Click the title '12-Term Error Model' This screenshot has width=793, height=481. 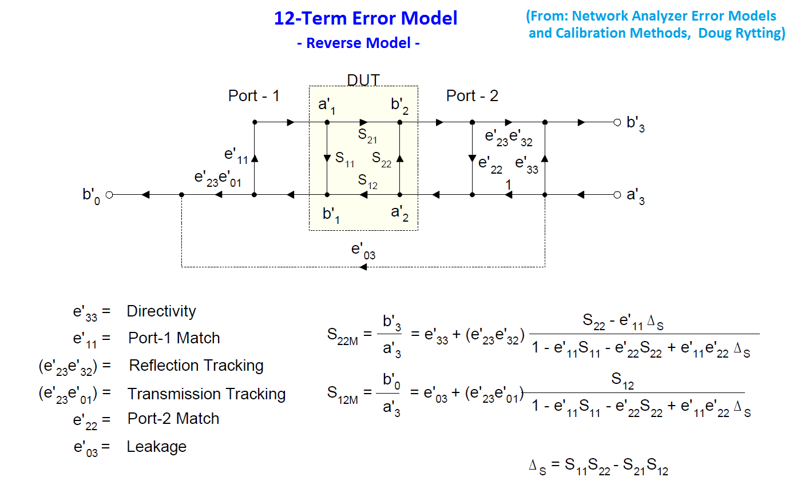366,18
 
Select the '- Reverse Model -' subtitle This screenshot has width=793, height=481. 359,43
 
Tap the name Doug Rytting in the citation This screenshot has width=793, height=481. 742,33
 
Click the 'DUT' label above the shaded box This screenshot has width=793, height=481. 363,80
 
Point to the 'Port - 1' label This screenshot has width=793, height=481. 253,96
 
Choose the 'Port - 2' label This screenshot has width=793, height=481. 472,96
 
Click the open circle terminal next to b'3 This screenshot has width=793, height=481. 617,122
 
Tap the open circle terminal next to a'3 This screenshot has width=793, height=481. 617,195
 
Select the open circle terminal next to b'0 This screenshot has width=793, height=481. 109,195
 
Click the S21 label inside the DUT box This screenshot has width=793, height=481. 368,135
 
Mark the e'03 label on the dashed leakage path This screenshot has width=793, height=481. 363,250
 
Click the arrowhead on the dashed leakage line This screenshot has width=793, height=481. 363,267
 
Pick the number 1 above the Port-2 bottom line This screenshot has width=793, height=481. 507,185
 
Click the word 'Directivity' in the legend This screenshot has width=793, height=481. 161,311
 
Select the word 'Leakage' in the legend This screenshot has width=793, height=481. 156,446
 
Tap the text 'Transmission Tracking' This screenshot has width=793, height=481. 207,394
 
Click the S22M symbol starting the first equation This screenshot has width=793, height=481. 342,335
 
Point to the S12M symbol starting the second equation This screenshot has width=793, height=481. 342,394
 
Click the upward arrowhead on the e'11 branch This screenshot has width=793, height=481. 254,158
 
